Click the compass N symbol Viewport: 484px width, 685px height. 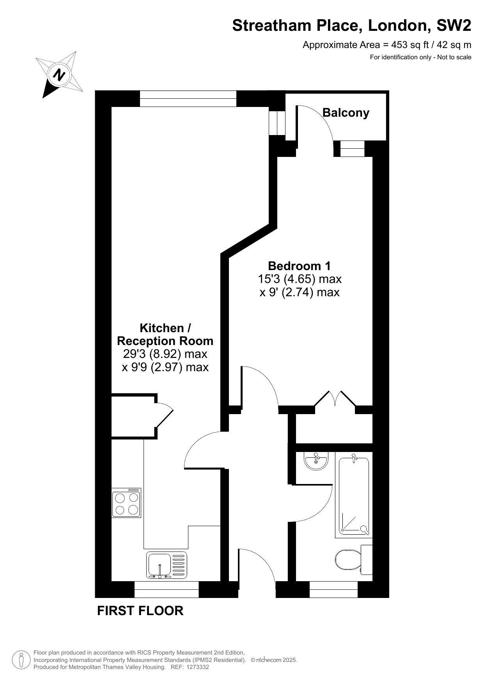pos(60,74)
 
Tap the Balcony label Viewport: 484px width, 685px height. pos(346,113)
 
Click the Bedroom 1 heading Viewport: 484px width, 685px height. pos(299,266)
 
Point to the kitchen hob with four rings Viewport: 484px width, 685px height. pos(126,503)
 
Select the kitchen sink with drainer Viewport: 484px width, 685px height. pos(167,565)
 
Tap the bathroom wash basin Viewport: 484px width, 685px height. pos(316,461)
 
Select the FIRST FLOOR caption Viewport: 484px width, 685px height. pos(140,611)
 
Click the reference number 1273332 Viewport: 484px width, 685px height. pos(198,667)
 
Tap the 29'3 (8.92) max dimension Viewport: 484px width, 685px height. pos(165,354)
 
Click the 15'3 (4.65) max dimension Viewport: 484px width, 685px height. pos(300,279)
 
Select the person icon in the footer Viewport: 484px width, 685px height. pos(21,660)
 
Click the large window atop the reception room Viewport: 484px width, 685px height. pos(188,98)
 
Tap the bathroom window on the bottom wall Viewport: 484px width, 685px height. pos(333,589)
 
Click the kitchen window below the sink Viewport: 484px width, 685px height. pos(167,589)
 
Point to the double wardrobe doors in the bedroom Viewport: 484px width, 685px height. pos(335,399)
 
